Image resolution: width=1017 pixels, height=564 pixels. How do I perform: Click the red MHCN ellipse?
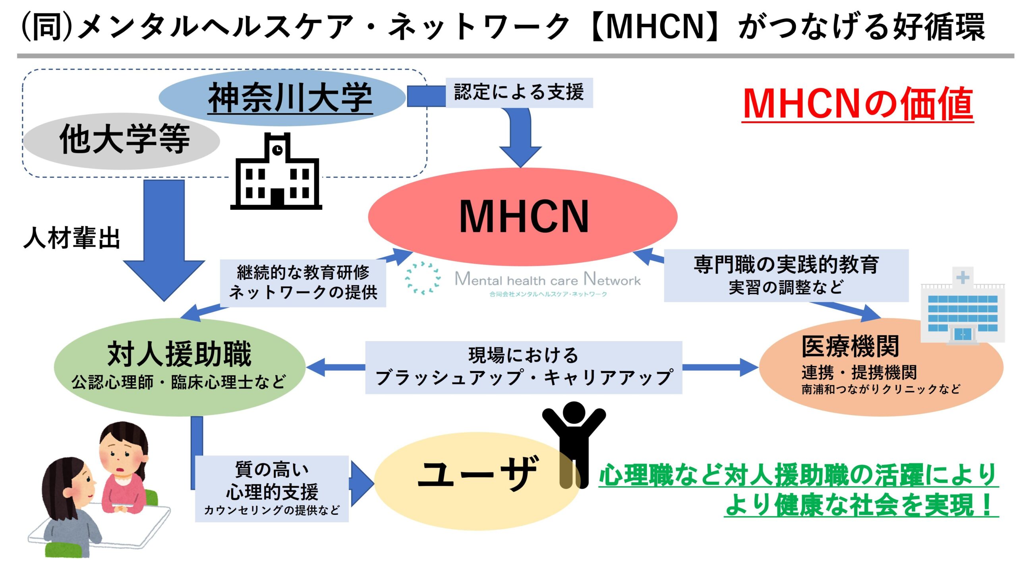coord(522,217)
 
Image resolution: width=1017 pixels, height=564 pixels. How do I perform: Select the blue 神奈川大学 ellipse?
coord(282,98)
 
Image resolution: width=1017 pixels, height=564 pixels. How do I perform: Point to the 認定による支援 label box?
coord(519,92)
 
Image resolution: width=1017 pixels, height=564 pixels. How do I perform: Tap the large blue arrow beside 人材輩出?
coord(164,238)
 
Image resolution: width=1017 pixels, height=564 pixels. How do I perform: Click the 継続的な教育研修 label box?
coord(303,282)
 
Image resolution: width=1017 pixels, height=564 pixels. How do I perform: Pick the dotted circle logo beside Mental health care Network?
coord(423,278)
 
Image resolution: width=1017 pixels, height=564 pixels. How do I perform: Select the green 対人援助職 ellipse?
coord(179,366)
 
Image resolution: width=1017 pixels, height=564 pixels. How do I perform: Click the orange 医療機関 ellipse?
coord(880,368)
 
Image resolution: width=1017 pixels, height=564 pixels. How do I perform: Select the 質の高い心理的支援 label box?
coord(272,488)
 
